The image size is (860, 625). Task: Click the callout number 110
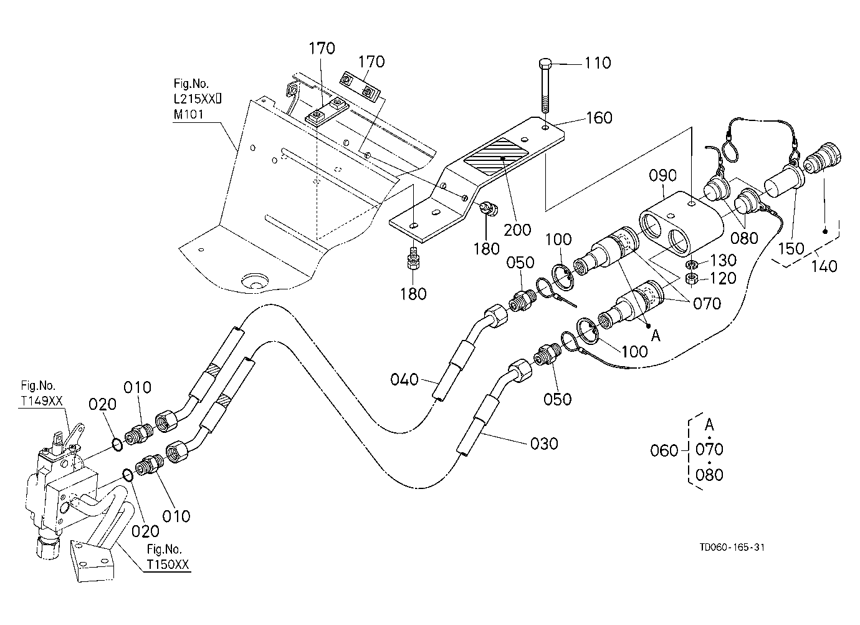pos(598,63)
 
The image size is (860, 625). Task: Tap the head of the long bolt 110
pos(545,64)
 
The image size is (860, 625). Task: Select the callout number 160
pos(599,118)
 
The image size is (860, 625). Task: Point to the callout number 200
pos(517,230)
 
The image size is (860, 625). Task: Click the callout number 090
pos(662,176)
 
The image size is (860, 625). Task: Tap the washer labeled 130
pos(692,264)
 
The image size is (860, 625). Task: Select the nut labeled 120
pos(692,278)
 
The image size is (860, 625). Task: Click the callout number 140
pos(824,266)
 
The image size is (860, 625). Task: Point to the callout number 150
pos(791,248)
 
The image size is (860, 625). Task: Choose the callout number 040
pos(404,380)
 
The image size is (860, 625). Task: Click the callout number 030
pos(544,444)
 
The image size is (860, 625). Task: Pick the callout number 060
pos(664,450)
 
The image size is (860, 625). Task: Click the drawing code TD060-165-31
pos(732,548)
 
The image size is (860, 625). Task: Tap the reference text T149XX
pos(42,401)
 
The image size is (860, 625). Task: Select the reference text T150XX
pos(168,564)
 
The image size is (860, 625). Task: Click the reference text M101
pos(188,114)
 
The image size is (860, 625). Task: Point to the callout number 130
pos(723,261)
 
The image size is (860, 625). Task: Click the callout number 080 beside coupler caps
pos(744,238)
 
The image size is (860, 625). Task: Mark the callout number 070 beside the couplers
pos(707,304)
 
